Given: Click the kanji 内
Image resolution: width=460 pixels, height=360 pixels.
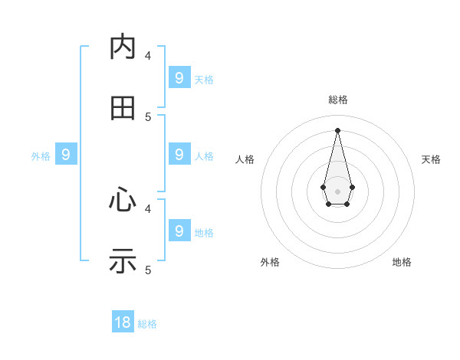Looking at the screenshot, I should coord(123,47).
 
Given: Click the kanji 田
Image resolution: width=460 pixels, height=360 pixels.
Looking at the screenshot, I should coord(123,109).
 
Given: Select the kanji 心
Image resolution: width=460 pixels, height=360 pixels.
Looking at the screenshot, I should coord(123,201).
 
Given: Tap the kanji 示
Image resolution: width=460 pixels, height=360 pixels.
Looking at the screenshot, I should coord(123,262).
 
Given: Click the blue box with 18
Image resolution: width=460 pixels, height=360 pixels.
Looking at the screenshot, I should coord(123,322).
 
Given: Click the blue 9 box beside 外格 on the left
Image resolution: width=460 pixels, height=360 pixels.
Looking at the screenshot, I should coord(66,155).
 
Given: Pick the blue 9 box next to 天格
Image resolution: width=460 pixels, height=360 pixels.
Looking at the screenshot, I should coord(179,77).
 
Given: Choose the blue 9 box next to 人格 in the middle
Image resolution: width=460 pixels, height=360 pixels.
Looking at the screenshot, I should coord(179,155).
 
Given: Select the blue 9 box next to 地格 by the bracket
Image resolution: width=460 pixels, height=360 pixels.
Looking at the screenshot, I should coord(179,231).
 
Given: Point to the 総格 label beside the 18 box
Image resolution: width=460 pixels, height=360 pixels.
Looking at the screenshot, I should coord(147,324).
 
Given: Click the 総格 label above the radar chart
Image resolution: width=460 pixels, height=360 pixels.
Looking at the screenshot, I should coord(338,100).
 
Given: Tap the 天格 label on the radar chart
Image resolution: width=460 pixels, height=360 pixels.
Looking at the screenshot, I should coord(431,159).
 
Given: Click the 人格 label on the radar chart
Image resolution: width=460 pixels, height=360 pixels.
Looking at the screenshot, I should coord(245,159).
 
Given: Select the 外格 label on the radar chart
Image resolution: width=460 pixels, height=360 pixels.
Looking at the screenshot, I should coord(270,262).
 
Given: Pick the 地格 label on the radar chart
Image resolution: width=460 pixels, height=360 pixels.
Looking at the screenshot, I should coord(402,262).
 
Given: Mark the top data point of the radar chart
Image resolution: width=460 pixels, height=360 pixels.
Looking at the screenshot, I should coord(337,129).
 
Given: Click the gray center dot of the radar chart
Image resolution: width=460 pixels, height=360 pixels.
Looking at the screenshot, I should coord(337,191).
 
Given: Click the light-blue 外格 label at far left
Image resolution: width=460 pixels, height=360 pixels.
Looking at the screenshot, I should coord(41,156).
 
